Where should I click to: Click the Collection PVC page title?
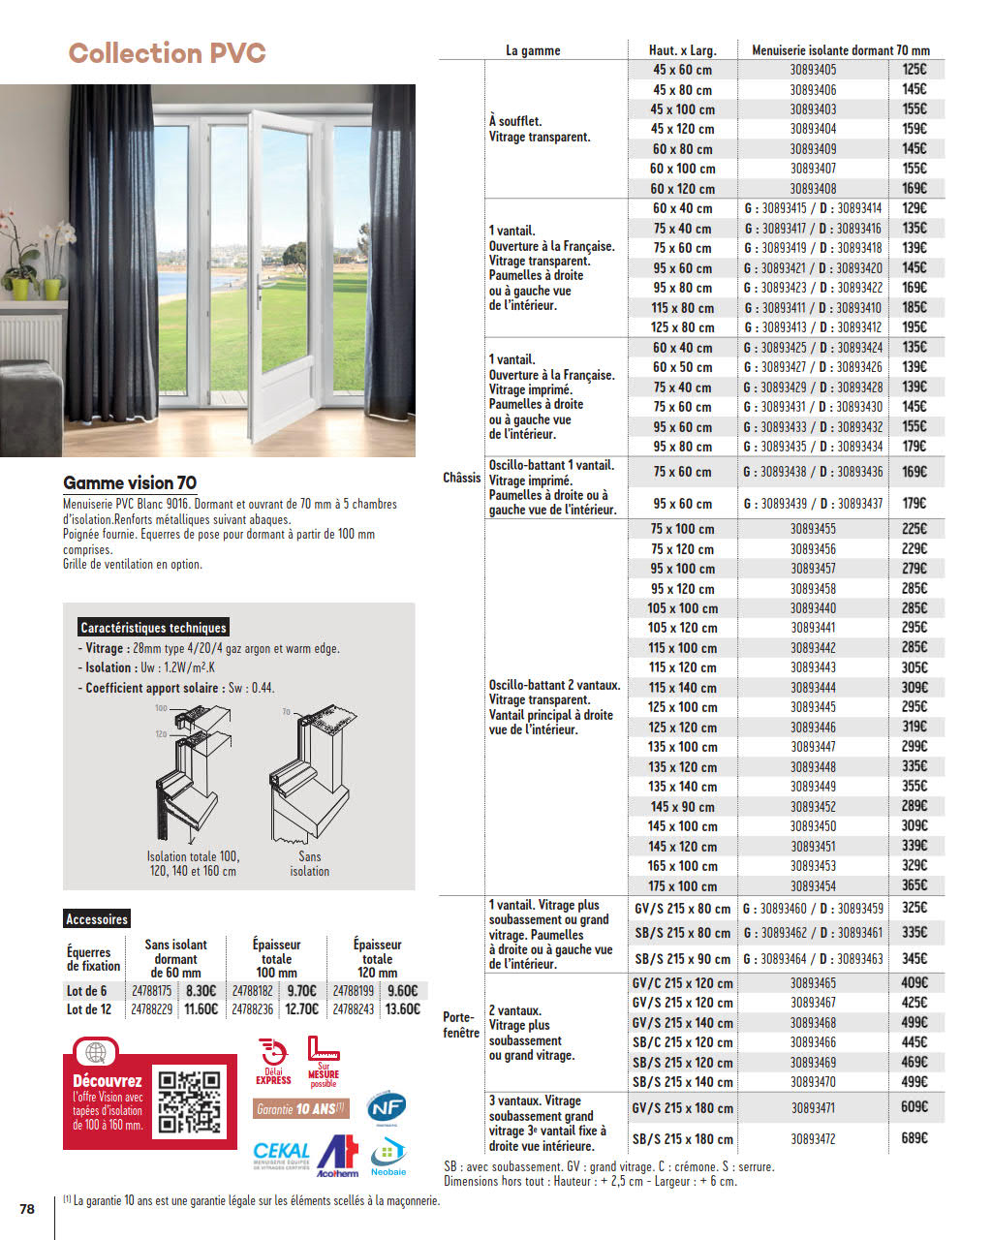(x=167, y=53)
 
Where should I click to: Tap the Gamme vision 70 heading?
(x=130, y=482)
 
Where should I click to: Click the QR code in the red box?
(x=190, y=1101)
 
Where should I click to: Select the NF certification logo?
(x=387, y=1106)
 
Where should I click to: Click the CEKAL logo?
(x=281, y=1154)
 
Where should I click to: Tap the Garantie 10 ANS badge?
(x=300, y=1109)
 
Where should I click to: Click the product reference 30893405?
(x=813, y=70)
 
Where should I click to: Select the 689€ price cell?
(x=914, y=1138)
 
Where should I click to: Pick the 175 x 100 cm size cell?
(x=682, y=886)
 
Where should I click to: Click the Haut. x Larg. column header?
(x=682, y=50)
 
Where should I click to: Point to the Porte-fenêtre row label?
(x=460, y=1025)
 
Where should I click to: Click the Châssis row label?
(x=461, y=478)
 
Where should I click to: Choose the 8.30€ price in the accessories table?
(x=201, y=991)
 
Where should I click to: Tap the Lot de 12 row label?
(x=89, y=1009)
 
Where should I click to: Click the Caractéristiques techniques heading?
(x=153, y=628)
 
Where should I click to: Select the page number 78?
(x=27, y=1209)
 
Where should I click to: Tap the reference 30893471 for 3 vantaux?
(x=813, y=1107)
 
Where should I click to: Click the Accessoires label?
(x=97, y=919)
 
